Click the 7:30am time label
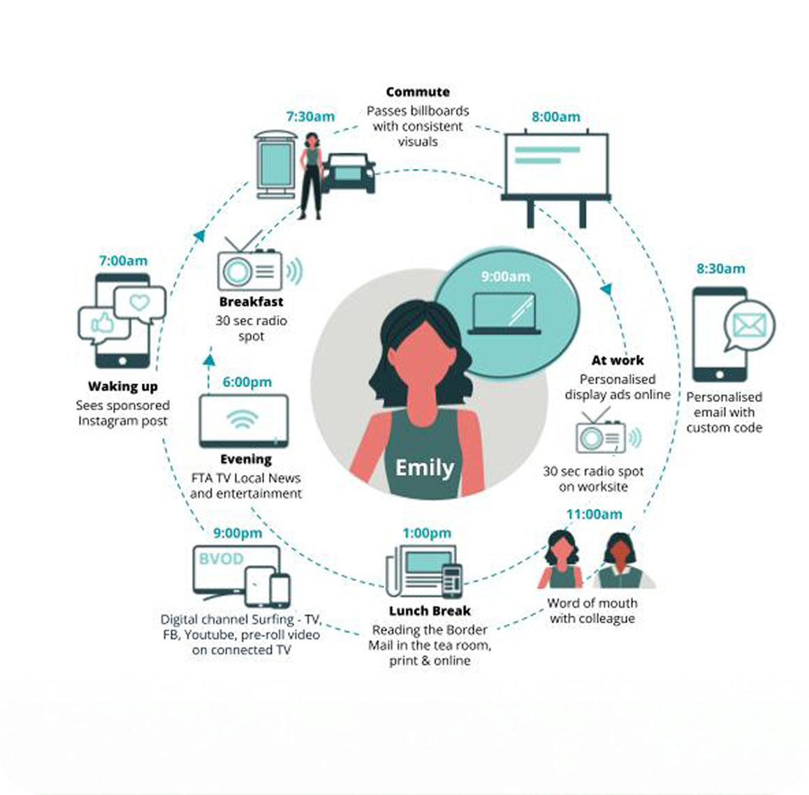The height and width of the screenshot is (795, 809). pos(310,117)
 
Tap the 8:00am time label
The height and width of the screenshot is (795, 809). pos(555,117)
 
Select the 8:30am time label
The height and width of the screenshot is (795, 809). pos(720,268)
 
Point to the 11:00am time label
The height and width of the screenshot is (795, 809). pos(594,514)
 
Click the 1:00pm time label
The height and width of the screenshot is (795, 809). pos(426,533)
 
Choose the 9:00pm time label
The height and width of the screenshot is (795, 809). pos(238,533)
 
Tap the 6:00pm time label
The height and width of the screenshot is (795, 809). pos(247,382)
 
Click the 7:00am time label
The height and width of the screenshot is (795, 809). pos(123,261)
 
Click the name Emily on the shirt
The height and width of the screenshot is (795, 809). pos(424,467)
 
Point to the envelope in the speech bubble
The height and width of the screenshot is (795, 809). pos(750,325)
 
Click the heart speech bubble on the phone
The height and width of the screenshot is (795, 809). pos(140,303)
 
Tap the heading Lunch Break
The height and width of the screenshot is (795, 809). pos(430,611)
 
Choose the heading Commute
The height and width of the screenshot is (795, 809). pos(418,92)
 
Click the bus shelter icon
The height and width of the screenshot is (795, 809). pos(276,163)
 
